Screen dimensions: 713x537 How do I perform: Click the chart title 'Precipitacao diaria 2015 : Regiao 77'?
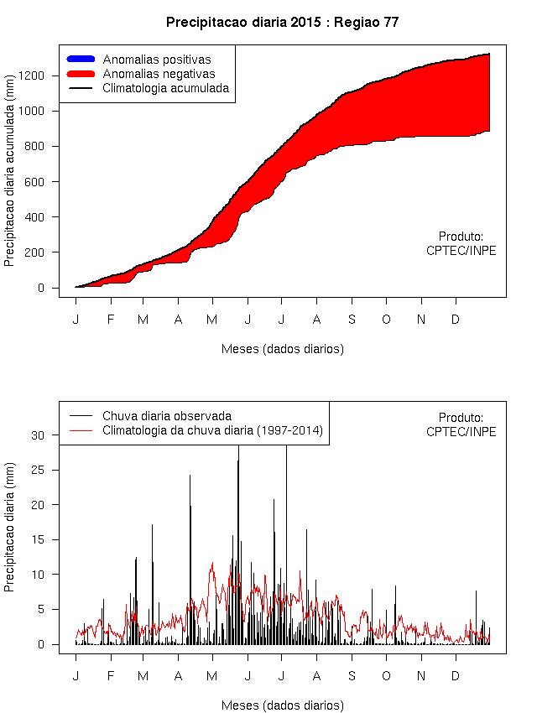[x=282, y=23]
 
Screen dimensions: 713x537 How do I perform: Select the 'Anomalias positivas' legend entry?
[x=156, y=60]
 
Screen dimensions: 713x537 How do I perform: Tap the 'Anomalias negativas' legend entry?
[x=159, y=74]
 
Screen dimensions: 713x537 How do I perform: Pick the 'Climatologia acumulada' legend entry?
[x=165, y=87]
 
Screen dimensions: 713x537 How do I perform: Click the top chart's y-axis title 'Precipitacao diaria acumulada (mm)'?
[x=9, y=181]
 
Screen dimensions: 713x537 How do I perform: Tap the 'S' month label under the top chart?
[x=352, y=320]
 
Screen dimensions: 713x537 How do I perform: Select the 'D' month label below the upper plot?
[x=456, y=320]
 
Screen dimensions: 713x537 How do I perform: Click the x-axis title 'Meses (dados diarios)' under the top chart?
[x=282, y=348]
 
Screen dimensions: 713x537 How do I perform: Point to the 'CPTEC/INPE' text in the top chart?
[x=461, y=250]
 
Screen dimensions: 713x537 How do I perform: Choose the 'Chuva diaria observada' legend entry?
[x=167, y=416]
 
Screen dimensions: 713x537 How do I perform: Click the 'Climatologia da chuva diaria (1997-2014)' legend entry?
[x=212, y=430]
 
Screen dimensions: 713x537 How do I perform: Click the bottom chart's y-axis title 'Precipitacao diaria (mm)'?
[x=9, y=538]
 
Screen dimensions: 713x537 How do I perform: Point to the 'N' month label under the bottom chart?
[x=421, y=676]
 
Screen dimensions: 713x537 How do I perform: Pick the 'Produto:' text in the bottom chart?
[x=461, y=417]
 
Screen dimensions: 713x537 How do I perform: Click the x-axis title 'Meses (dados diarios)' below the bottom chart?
[x=282, y=705]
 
